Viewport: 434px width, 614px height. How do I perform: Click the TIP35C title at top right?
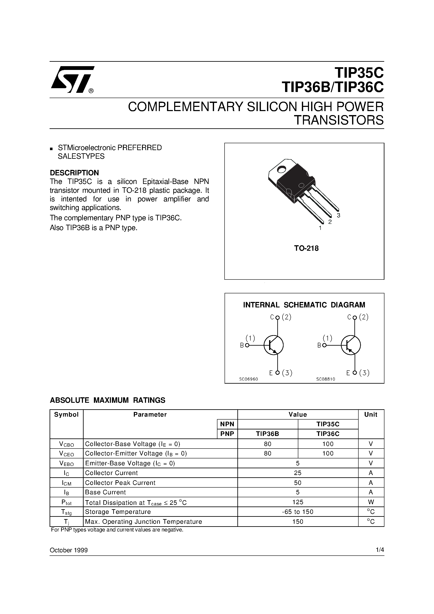(359, 72)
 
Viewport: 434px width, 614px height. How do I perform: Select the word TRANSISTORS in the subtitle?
(339, 120)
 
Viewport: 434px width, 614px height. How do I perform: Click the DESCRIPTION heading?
(74, 172)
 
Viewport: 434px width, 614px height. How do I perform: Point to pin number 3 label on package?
(338, 215)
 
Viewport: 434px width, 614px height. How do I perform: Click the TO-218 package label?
(306, 248)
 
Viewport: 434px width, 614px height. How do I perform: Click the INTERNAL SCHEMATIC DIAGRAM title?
(304, 305)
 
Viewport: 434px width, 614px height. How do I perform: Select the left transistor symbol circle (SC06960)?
(274, 345)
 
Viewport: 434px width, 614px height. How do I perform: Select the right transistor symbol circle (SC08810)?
(351, 345)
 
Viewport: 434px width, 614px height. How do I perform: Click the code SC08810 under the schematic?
(325, 379)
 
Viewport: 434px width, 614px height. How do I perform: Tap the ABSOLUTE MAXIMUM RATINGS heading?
(108, 400)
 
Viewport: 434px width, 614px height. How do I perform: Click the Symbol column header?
(66, 415)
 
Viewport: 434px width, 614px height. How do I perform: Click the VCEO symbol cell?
(66, 454)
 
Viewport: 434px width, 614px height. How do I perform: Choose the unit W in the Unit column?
(371, 502)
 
